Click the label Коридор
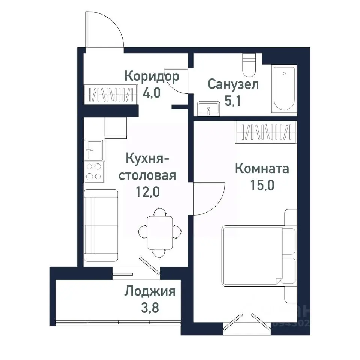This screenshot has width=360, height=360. [151, 76]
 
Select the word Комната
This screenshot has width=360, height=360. [262, 169]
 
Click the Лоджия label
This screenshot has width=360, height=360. [150, 291]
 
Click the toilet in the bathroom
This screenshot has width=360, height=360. [249, 65]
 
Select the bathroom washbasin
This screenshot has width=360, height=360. [209, 109]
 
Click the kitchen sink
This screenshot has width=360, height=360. [93, 150]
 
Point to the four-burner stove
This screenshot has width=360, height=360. [93, 171]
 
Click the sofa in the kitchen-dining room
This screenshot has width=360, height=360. [100, 225]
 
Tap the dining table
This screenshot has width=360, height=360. [160, 233]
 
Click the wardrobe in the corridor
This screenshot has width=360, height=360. [109, 95]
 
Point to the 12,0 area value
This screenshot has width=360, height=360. [148, 192]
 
